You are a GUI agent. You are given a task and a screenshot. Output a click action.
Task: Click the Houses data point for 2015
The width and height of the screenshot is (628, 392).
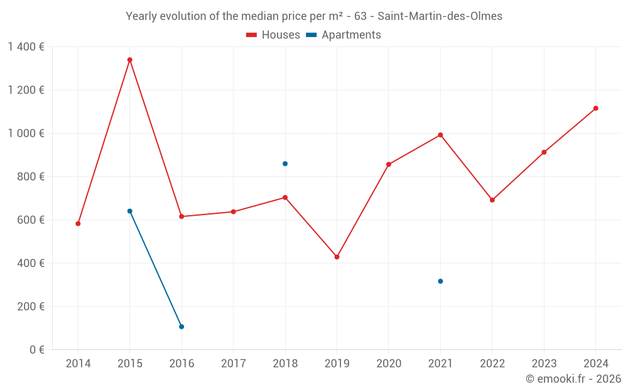130,60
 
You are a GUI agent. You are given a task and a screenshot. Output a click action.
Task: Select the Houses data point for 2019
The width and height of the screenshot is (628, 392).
337,257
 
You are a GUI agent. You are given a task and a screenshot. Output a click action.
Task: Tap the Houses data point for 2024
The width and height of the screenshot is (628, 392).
595,109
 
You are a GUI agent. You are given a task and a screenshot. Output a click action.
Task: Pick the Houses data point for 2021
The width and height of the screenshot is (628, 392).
440,135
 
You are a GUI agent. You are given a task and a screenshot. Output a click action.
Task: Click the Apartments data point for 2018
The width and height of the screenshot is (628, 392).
285,164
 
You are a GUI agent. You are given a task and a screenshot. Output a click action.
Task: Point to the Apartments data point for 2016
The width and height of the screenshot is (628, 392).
181,327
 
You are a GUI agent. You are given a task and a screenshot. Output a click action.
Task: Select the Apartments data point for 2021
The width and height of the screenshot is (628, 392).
440,281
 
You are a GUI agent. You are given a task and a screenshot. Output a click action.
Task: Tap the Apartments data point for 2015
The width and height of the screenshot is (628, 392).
130,211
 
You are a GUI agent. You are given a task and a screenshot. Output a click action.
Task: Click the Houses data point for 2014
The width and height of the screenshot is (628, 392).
78,223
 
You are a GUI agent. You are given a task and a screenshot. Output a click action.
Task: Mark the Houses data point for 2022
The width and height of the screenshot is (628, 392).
492,200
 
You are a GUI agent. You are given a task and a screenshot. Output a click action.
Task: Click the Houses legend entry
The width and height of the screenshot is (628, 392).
273,35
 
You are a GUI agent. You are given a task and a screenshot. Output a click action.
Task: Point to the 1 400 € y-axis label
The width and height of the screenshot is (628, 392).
26,46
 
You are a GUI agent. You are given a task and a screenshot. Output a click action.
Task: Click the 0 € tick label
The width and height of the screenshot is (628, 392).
35,349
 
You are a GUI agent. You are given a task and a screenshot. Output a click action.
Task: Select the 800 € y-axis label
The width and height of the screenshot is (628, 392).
32,176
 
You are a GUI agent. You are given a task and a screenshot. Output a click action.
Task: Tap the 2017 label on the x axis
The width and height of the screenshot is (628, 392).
233,364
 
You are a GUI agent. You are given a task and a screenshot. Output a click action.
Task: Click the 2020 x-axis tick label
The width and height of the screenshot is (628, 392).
389,364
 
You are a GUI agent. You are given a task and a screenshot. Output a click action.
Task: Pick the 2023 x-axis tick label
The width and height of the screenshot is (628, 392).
544,364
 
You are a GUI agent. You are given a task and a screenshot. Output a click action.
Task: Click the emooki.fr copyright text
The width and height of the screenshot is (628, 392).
573,379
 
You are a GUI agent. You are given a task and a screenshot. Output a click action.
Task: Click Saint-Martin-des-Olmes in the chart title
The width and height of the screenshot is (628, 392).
440,16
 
